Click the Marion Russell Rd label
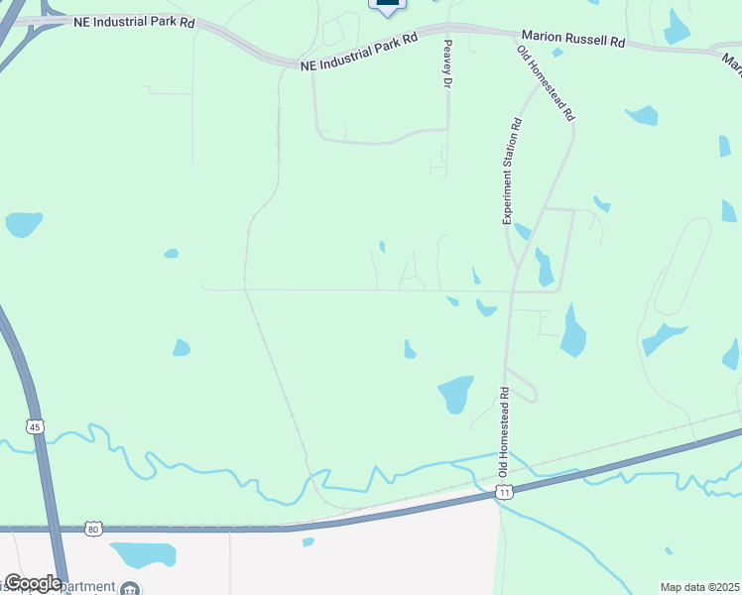click(574, 43)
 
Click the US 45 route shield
click(36, 427)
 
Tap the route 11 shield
click(505, 492)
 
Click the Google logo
click(33, 583)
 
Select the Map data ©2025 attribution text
click(699, 587)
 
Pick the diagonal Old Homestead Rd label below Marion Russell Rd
click(547, 83)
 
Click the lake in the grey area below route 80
click(144, 553)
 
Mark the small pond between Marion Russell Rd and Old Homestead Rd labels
click(558, 52)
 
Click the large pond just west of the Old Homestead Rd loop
click(455, 393)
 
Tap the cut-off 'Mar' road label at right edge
click(732, 64)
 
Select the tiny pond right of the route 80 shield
click(308, 541)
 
